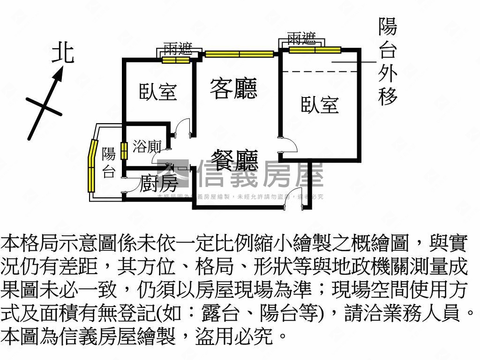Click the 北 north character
click(63, 52)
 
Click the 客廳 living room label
click(233, 88)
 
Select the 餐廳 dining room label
click(234, 160)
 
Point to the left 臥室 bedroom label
click(158, 91)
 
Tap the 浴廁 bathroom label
click(147, 147)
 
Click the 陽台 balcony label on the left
click(109, 162)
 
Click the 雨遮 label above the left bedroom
click(176, 48)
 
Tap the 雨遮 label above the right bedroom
click(301, 38)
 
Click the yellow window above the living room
click(239, 54)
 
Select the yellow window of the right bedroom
click(315, 50)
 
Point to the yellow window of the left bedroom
click(176, 60)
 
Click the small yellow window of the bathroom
click(124, 151)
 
